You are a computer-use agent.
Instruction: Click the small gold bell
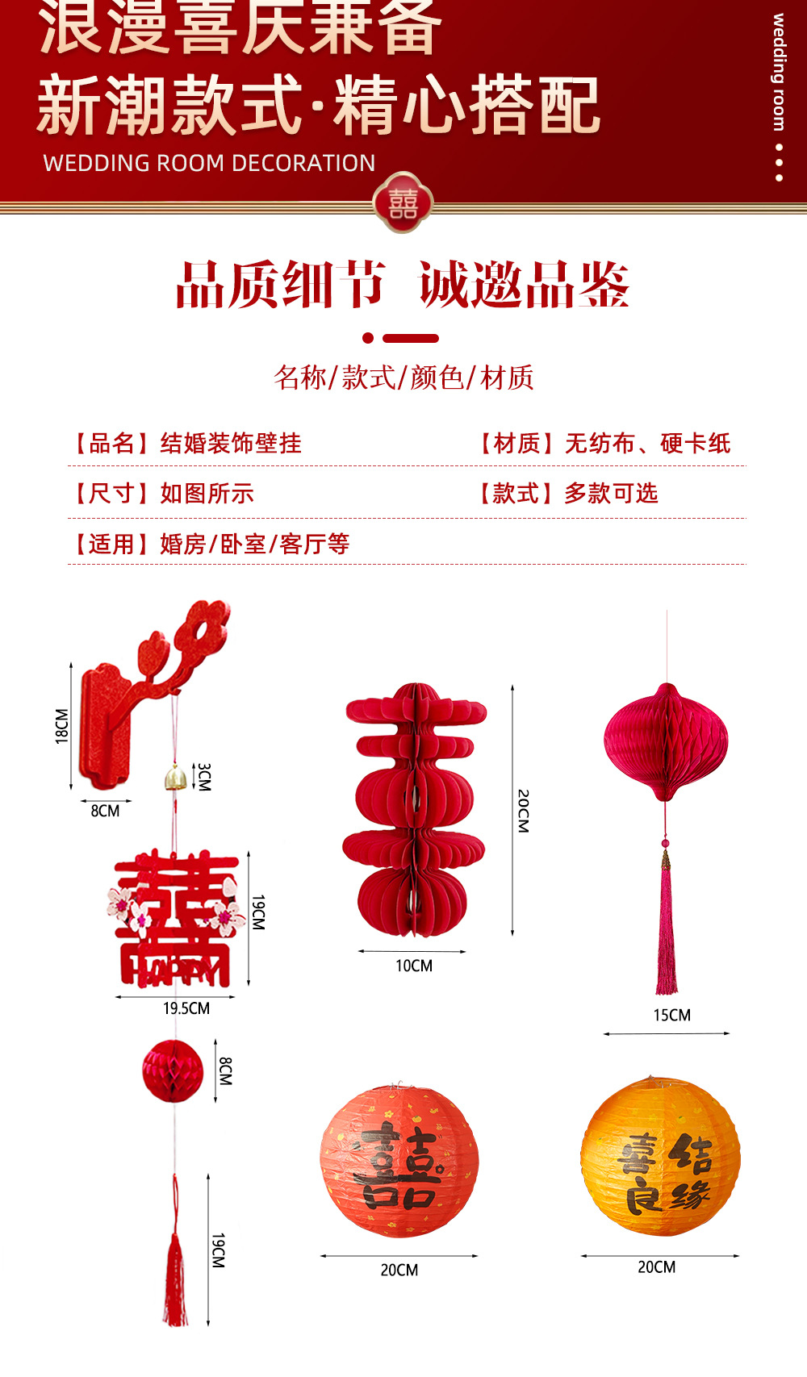(175, 778)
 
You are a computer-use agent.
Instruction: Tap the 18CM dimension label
(62, 725)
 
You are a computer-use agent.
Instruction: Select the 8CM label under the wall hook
(105, 811)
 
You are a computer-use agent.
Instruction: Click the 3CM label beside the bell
(204, 776)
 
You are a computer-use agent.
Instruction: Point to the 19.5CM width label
(186, 1008)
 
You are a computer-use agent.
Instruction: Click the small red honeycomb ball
(173, 1070)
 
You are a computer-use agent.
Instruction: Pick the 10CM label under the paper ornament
(413, 966)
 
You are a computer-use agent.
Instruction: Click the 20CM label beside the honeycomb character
(523, 811)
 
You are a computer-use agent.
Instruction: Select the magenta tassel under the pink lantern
(666, 928)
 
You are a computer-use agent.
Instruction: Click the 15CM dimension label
(671, 1015)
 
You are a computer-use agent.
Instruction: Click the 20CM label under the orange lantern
(656, 1267)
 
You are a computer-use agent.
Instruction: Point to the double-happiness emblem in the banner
(403, 202)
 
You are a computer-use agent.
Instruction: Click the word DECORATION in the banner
(315, 163)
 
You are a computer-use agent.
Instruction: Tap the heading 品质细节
(279, 285)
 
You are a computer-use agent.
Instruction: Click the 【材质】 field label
(517, 443)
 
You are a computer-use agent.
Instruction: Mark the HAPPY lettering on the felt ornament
(174, 973)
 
